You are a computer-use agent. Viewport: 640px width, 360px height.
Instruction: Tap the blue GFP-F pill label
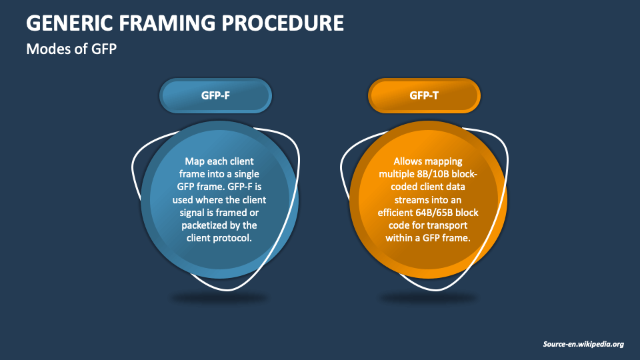click(215, 95)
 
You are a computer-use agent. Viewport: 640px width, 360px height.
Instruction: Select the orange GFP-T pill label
click(424, 95)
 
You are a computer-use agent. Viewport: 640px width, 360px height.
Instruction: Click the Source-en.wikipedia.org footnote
click(583, 344)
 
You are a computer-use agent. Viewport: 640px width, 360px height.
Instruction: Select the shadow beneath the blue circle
click(219, 297)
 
